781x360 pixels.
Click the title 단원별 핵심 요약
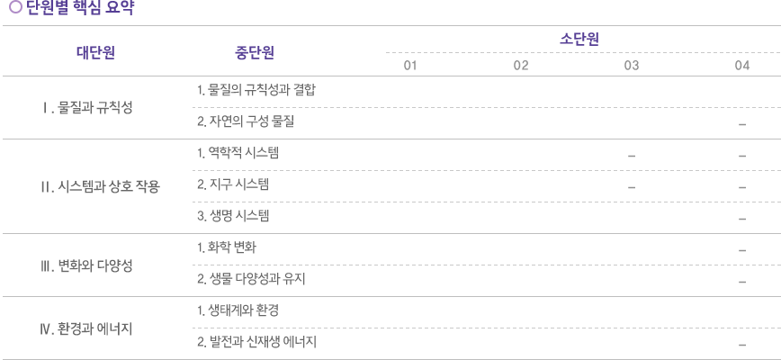(x=80, y=7)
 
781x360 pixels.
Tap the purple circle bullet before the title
(x=16, y=7)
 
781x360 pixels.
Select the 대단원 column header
(x=96, y=52)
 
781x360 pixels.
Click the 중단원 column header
(x=255, y=52)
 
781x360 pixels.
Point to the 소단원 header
(x=579, y=40)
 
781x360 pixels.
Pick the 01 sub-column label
(x=410, y=65)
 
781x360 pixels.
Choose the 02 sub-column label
(x=521, y=65)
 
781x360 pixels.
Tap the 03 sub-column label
(x=632, y=65)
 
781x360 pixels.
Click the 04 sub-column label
(x=742, y=65)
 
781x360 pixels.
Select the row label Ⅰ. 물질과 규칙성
(x=87, y=108)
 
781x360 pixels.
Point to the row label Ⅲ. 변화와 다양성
(x=86, y=265)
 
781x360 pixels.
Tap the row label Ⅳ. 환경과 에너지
(x=86, y=329)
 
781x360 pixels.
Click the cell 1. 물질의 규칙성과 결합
(x=256, y=90)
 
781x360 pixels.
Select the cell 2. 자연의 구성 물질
(x=246, y=121)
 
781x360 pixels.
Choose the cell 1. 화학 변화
(x=227, y=247)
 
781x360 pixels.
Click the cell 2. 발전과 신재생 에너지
(x=257, y=342)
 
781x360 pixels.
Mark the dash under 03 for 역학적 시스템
(x=632, y=156)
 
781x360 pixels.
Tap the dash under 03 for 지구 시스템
(x=632, y=188)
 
